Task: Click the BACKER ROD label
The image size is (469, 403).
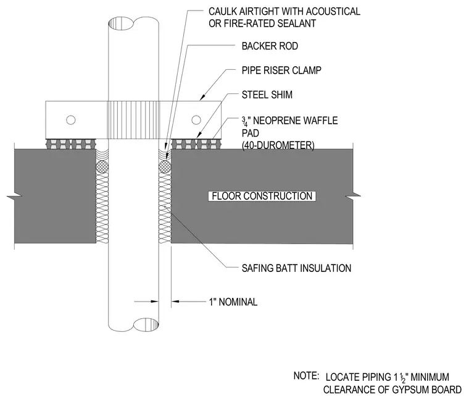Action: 270,46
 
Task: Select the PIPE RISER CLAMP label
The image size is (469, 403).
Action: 281,70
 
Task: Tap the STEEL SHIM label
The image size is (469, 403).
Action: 267,95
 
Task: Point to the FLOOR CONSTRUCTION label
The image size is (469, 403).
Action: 262,196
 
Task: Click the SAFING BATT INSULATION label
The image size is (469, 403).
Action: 296,268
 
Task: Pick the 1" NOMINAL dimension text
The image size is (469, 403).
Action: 233,302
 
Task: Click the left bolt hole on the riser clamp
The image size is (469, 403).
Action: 70,120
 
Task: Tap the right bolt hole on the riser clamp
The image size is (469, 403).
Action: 196,120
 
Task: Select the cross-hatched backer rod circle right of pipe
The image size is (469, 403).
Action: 165,167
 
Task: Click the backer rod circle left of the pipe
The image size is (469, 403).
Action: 102,167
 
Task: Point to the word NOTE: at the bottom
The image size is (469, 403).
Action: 306,376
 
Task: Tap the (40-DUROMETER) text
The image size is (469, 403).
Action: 278,146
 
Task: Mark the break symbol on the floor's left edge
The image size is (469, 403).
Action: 14,197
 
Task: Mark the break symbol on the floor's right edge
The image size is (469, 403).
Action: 353,197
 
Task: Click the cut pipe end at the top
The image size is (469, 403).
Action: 133,23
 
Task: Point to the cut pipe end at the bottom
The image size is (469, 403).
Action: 133,325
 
